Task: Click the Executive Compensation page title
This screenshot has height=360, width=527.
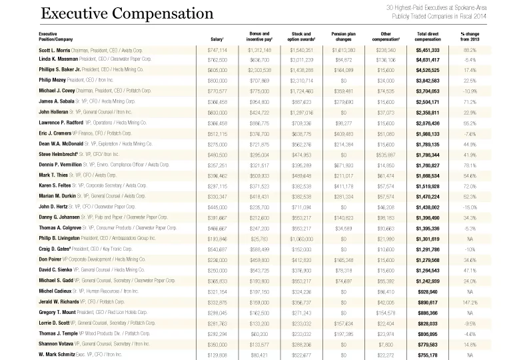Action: point(127,13)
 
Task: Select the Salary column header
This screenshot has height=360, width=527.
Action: point(217,39)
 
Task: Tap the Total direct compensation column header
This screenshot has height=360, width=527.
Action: point(431,35)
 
